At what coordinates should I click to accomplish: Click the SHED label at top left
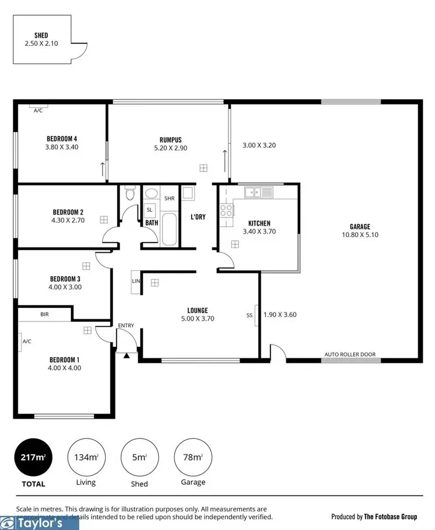click(x=41, y=35)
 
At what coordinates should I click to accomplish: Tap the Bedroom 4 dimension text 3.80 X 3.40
click(x=61, y=147)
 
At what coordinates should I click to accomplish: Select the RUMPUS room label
click(x=171, y=139)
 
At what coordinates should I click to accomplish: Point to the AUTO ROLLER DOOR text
click(x=350, y=354)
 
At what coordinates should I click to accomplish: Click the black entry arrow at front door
click(x=126, y=354)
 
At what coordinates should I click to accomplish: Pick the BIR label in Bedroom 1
click(x=45, y=314)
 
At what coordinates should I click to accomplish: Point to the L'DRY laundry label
click(x=198, y=217)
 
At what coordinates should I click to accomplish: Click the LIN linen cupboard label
click(x=136, y=281)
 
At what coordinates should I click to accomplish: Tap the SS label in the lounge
click(x=249, y=315)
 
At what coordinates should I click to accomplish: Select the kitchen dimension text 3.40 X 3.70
click(x=259, y=231)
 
